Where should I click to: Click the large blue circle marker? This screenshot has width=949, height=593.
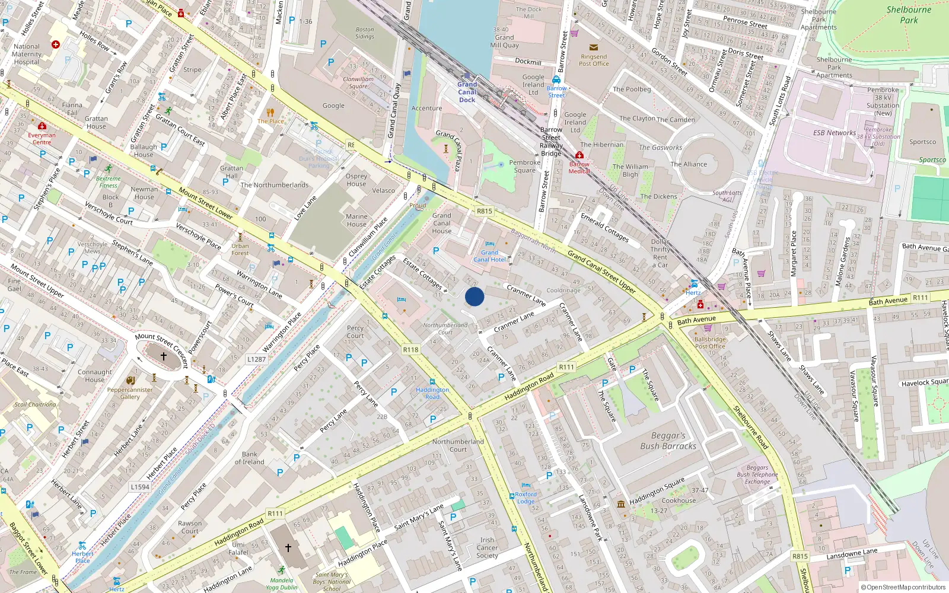[474, 296]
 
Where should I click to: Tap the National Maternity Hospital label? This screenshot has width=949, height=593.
[27, 54]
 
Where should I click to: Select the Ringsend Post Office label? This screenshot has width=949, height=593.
[594, 60]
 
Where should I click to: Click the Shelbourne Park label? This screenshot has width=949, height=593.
[909, 15]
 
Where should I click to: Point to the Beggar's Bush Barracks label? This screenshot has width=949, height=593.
[668, 441]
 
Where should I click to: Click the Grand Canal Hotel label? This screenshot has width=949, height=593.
[490, 256]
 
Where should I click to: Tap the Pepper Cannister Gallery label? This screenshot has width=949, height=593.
[130, 393]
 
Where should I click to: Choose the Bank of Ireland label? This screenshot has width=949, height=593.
[250, 458]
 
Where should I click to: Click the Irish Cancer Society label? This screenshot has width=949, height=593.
[487, 548]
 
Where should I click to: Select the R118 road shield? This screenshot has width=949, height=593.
[411, 349]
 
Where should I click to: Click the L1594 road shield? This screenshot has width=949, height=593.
[140, 487]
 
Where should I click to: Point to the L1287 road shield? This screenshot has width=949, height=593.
[256, 359]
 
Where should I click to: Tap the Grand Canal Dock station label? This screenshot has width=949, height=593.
[467, 92]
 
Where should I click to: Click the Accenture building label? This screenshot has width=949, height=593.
[426, 109]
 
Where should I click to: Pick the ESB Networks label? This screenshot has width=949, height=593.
[834, 133]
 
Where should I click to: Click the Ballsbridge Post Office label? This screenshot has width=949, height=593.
[710, 343]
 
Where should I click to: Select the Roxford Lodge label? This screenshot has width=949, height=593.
[526, 498]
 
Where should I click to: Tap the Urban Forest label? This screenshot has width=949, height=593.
[240, 249]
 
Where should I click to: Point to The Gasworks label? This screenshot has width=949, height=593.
[660, 148]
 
